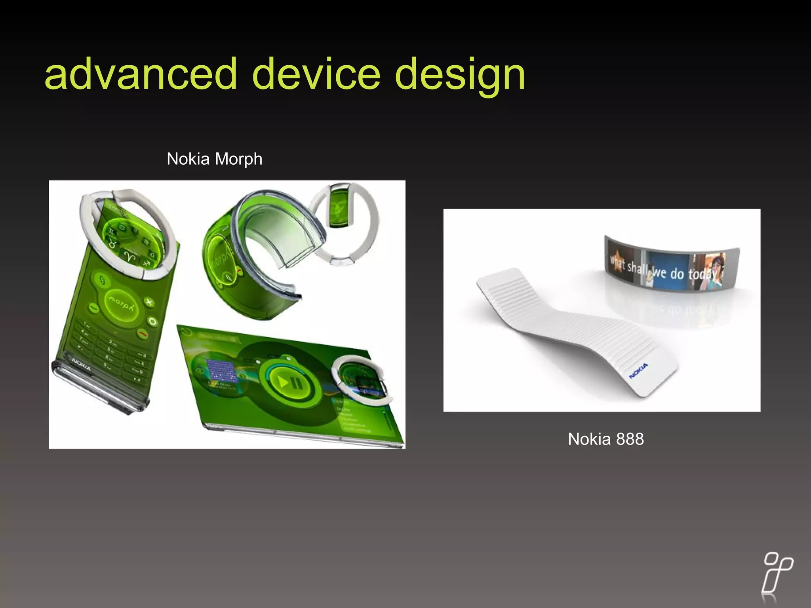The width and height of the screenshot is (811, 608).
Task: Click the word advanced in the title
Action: [x=141, y=74]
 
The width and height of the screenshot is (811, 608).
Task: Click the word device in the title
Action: [x=316, y=74]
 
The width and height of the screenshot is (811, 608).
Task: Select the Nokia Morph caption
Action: [x=214, y=159]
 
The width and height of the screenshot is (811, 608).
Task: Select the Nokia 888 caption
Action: [x=605, y=439]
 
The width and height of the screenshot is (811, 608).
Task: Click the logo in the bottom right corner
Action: [x=777, y=577]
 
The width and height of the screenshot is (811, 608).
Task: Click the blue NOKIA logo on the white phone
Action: [x=638, y=370]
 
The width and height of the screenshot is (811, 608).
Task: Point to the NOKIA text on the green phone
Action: [x=82, y=365]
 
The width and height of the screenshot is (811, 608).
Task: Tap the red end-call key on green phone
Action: [x=143, y=335]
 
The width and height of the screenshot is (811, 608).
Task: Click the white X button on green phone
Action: [x=149, y=303]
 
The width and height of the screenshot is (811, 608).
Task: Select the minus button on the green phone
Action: [x=94, y=307]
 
